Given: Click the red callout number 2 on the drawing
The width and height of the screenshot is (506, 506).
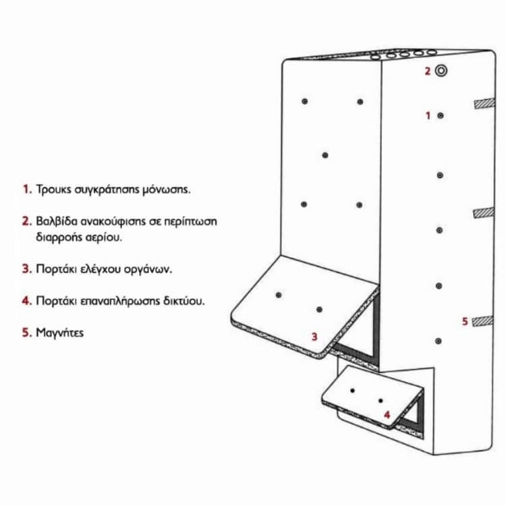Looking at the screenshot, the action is coord(428,71).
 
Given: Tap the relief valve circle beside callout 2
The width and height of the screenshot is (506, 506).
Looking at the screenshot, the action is coord(441,71).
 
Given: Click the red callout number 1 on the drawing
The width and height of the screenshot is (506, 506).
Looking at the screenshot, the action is coord(428,115).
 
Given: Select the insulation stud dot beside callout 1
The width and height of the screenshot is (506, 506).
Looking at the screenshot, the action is coord(441,115).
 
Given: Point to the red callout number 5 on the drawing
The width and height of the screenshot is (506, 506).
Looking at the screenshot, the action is coord(465,321).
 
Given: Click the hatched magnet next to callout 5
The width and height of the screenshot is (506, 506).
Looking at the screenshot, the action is coord(483,321).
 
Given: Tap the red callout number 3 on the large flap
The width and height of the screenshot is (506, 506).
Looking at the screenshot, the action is coord(314,337).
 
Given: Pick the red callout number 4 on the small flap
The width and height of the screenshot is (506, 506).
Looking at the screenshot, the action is coord(387,415).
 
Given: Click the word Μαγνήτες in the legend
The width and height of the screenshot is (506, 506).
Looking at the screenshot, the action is coord(59,333).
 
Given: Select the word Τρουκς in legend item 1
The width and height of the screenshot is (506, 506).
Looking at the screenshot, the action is coord(53,189).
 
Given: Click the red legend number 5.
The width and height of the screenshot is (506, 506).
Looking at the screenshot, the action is coord(27,333).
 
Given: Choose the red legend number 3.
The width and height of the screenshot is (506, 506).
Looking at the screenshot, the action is coord(27,269).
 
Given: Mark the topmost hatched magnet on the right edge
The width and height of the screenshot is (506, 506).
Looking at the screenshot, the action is coord(484,103).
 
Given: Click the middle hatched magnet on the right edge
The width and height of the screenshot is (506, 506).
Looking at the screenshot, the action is coord(484,213).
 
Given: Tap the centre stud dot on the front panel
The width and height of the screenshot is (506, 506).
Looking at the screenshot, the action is coord(325,155).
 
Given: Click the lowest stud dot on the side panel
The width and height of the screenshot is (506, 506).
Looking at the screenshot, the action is coord(439,341).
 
